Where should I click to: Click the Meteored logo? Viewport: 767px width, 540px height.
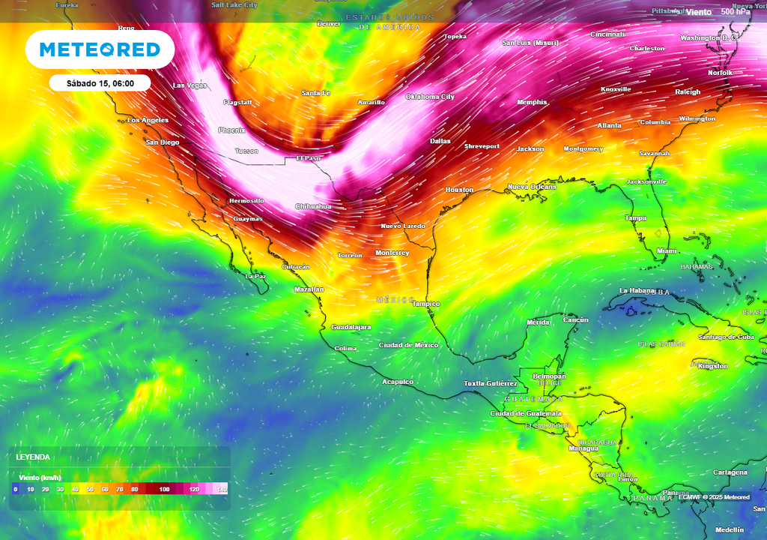click(x=100, y=49)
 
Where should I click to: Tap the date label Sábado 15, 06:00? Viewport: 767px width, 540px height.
click(x=100, y=83)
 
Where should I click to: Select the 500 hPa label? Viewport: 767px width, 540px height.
click(x=736, y=12)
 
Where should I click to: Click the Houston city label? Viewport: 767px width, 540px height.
click(x=459, y=190)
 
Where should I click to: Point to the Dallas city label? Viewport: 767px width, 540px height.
click(x=440, y=141)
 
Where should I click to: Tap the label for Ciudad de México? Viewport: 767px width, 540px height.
click(x=408, y=345)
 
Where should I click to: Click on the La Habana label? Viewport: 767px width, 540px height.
click(x=637, y=290)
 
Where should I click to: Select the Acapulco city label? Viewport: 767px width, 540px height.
click(x=398, y=382)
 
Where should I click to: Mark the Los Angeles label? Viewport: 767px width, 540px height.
click(x=148, y=120)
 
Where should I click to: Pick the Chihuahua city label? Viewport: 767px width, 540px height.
click(x=313, y=206)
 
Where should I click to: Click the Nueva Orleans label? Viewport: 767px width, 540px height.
click(x=532, y=187)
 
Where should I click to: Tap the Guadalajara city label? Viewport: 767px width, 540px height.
click(x=351, y=327)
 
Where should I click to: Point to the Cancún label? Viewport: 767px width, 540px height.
click(x=575, y=319)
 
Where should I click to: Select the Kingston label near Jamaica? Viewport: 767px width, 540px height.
click(x=712, y=366)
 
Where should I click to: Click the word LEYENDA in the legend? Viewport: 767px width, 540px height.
click(x=33, y=457)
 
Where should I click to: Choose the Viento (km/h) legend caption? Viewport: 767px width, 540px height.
click(x=39, y=478)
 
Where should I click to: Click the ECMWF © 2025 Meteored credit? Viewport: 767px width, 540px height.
click(x=714, y=497)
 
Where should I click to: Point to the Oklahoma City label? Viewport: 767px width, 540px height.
click(x=430, y=97)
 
